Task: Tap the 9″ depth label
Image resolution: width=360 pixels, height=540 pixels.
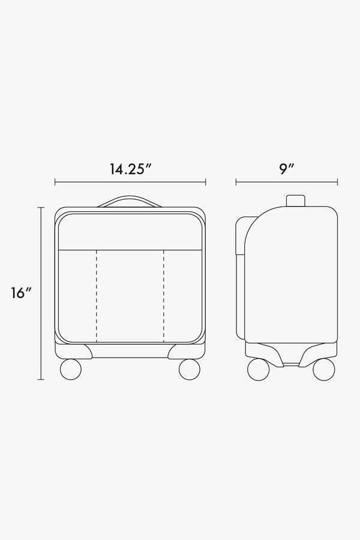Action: coord(286,169)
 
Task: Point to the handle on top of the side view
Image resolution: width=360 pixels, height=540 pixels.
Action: coord(295,201)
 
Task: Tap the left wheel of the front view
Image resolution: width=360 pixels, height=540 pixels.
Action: coord(71,369)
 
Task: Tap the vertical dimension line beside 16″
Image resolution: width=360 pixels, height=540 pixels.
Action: coord(41,293)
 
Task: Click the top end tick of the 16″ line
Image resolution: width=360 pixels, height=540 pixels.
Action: coord(41,208)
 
